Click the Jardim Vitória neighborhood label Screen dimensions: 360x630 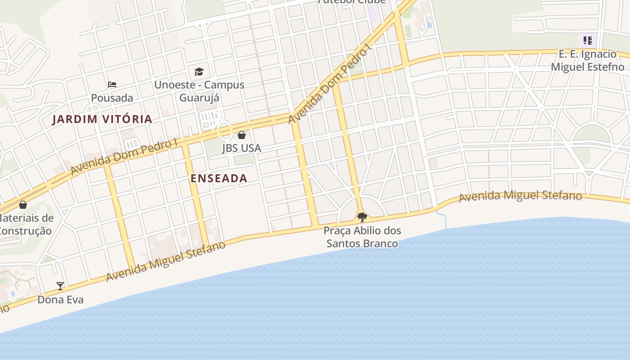click(x=102, y=119)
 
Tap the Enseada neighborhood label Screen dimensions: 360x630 click(x=219, y=178)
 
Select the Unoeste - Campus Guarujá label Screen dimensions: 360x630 click(x=199, y=91)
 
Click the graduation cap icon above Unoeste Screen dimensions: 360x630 click(x=199, y=72)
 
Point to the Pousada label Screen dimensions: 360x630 click(x=112, y=98)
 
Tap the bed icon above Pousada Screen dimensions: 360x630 click(x=112, y=84)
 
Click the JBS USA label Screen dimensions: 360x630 click(x=241, y=148)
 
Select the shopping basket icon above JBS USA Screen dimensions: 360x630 click(x=242, y=135)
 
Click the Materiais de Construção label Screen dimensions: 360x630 click(x=25, y=225)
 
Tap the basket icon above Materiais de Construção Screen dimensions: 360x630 click(x=23, y=205)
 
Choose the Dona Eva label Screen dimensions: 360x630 click(x=60, y=300)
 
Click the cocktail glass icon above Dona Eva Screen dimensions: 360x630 click(x=60, y=286)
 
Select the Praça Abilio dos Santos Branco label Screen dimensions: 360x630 click(x=362, y=237)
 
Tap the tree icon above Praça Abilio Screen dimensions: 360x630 click(x=362, y=218)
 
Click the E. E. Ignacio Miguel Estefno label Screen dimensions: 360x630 click(x=587, y=60)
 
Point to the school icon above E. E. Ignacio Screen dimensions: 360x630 click(x=588, y=40)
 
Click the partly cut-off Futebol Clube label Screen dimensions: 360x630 click(x=351, y=2)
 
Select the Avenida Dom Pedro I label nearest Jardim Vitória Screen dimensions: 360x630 click(x=124, y=157)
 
